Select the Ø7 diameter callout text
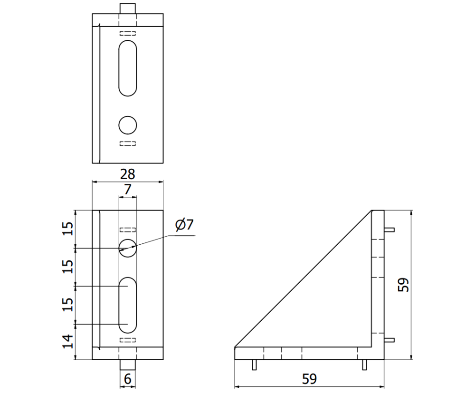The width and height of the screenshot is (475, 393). (x=185, y=225)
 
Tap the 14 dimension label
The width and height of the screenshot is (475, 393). (x=68, y=342)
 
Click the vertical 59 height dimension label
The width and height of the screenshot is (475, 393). (x=404, y=285)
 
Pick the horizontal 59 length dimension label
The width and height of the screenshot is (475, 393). (x=309, y=379)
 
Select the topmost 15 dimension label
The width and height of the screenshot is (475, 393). (x=68, y=229)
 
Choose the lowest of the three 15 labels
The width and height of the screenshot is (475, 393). (x=68, y=304)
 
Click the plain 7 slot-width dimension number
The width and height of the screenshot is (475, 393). (x=127, y=189)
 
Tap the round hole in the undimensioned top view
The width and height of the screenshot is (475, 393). (x=128, y=125)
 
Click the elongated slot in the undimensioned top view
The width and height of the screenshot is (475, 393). (x=128, y=68)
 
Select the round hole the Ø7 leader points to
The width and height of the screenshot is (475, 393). (x=128, y=248)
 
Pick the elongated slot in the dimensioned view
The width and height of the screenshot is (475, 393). (x=128, y=305)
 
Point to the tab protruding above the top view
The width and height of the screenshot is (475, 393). (x=128, y=9)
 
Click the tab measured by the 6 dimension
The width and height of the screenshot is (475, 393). (x=128, y=365)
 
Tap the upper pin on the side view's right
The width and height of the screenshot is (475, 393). (x=389, y=230)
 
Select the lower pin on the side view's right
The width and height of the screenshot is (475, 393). (x=389, y=340)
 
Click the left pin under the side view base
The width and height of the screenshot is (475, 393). (x=254, y=365)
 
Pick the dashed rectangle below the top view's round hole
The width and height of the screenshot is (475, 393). (x=128, y=144)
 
